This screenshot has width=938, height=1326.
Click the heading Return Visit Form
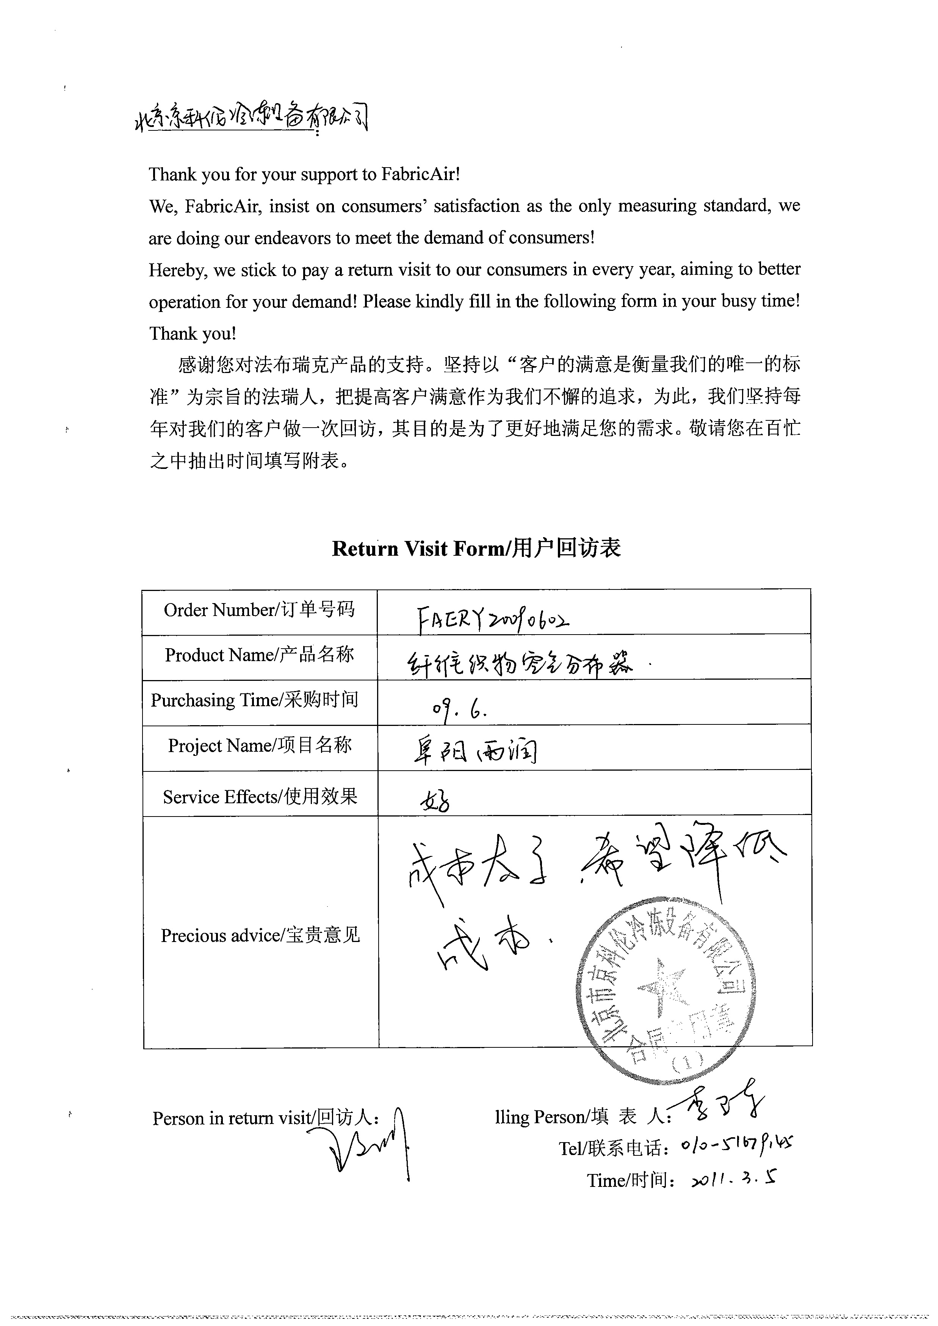pos(476,548)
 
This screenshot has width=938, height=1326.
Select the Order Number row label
pos(259,610)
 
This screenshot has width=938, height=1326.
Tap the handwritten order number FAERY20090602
pos(492,621)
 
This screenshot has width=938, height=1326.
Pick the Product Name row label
pos(259,655)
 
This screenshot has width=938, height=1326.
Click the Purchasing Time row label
pos(255,700)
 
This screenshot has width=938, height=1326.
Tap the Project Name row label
pos(260,746)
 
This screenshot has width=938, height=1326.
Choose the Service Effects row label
pos(260,797)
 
